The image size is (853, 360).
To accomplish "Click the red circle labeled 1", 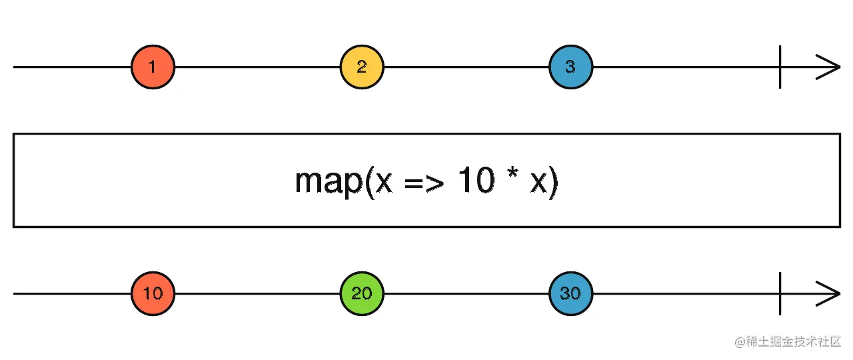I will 153,67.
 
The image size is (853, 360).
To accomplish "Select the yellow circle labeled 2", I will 361,67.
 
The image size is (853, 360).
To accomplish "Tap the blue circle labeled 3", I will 570,67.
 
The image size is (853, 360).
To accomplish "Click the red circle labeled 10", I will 153,293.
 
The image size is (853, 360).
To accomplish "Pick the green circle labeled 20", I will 361,293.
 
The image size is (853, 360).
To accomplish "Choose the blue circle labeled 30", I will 570,293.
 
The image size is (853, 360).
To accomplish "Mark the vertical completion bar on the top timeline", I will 780,67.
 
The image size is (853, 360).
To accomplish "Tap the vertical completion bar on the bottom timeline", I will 780,294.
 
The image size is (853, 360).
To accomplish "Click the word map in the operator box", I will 327,181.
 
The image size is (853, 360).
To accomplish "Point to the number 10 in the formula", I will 474,181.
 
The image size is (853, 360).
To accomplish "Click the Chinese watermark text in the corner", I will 793,342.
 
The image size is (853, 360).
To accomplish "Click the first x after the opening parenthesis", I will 384,184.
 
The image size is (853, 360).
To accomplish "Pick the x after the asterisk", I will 538,184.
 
